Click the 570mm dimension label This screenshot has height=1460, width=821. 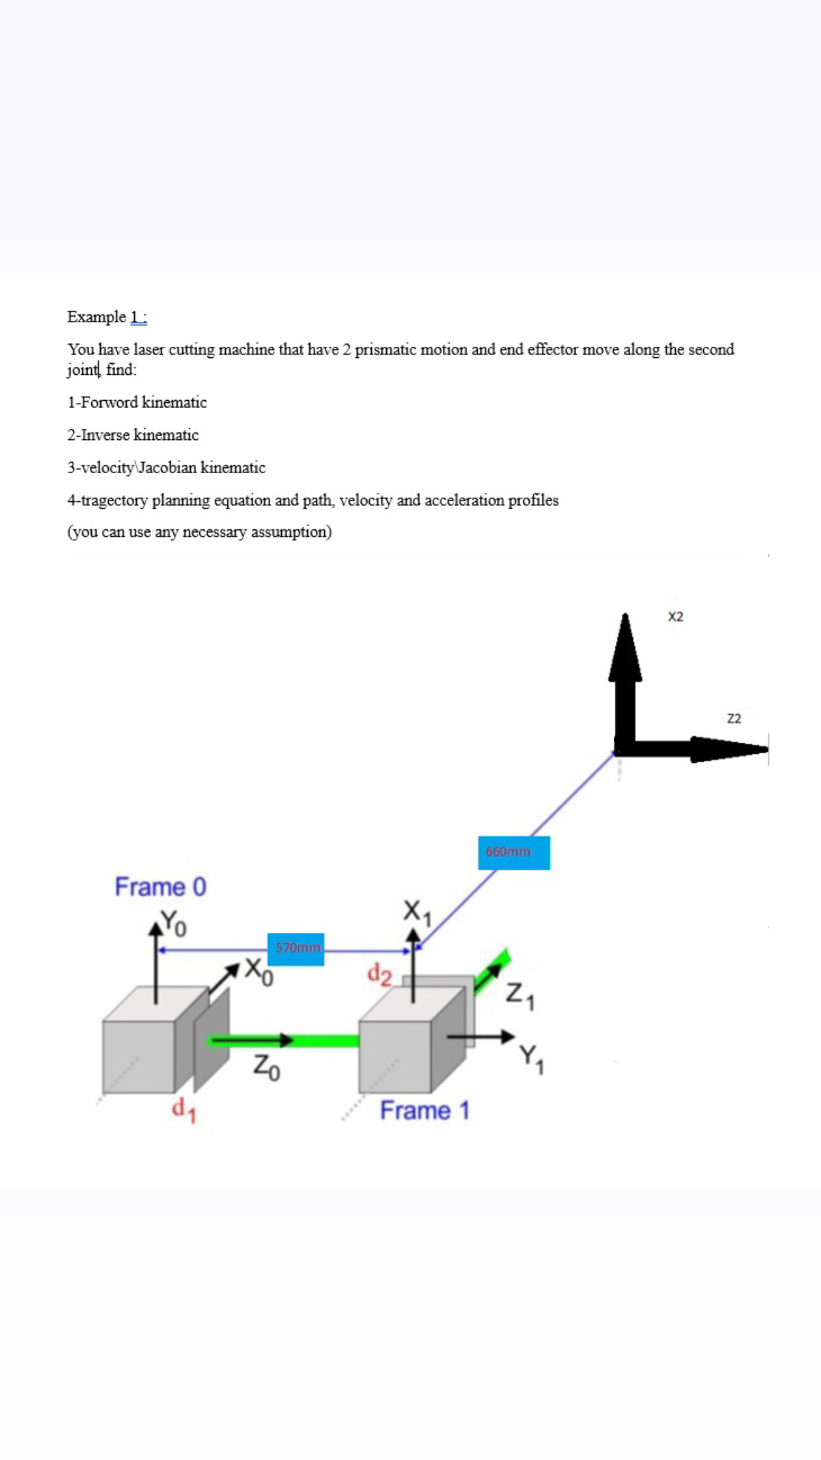tap(295, 948)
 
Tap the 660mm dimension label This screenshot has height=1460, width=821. tap(513, 852)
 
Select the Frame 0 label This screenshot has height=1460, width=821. tap(161, 887)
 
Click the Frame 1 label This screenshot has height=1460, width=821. tap(425, 1110)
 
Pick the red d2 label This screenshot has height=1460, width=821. tap(380, 974)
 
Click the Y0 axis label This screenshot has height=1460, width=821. tap(173, 922)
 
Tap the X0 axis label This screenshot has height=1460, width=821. tap(258, 971)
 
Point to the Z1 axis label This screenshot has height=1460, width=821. tap(520, 996)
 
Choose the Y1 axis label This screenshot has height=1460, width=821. tap(531, 1058)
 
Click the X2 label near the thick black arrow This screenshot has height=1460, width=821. tap(676, 616)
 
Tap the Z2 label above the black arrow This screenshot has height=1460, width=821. tap(734, 718)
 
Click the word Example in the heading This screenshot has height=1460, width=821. tap(96, 317)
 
